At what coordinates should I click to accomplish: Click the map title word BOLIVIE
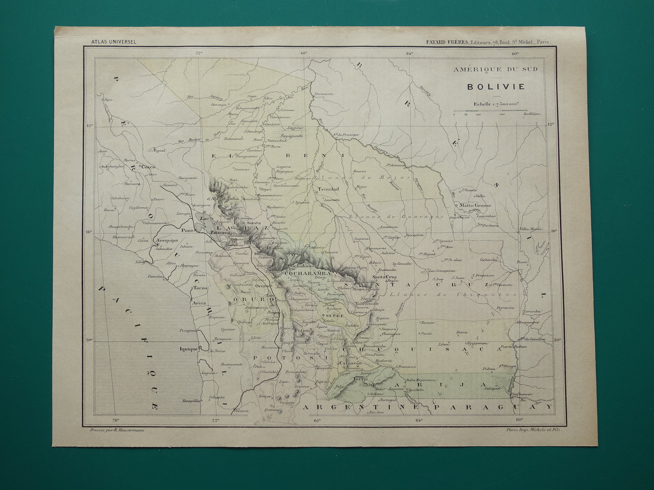tap(496, 86)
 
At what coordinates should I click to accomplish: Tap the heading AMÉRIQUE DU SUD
tap(496, 69)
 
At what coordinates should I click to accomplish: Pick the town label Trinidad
tap(328, 189)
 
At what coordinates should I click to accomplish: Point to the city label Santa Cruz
tap(384, 277)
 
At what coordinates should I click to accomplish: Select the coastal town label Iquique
tap(189, 349)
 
